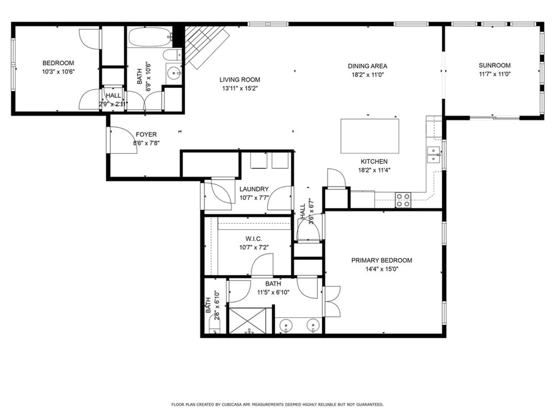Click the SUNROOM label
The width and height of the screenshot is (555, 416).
coord(495,65)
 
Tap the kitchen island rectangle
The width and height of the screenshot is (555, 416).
coord(370,136)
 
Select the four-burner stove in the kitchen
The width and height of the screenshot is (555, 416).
coord(403,200)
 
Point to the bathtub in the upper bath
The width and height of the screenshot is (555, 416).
coord(150,37)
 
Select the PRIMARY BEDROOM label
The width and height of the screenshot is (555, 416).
coord(382,260)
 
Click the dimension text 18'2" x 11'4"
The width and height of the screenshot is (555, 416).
coord(374,170)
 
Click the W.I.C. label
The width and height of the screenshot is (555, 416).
coord(253,239)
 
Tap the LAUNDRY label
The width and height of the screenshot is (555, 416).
coord(254,189)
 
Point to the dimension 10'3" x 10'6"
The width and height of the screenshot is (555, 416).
coord(58,72)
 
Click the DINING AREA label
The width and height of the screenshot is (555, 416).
coord(367,66)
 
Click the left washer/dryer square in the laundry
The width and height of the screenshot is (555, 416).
coord(259,161)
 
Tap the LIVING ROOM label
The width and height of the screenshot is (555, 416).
coord(240,80)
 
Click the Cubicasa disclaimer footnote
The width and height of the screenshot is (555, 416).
coord(277,405)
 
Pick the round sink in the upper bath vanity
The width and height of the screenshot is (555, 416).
coord(174,73)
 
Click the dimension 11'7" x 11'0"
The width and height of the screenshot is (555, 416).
coord(495,74)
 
